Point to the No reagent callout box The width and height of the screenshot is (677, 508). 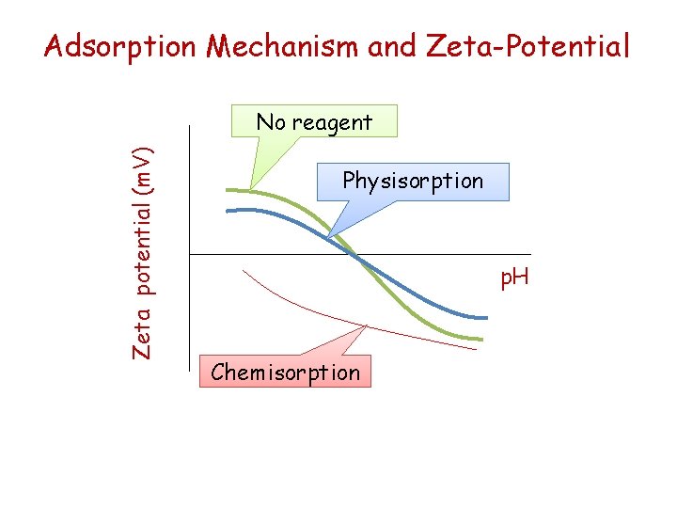[x=315, y=121]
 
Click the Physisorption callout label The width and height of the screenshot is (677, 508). [x=413, y=181]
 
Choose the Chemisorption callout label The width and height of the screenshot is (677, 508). [x=286, y=372]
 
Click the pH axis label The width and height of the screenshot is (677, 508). [x=513, y=278]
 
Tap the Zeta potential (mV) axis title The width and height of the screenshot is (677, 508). [x=142, y=251]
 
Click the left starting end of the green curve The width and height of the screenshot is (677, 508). [x=227, y=191]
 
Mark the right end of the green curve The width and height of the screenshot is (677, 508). [x=481, y=340]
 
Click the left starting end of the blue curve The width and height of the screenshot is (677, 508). [x=227, y=211]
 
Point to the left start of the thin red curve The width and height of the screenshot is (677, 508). [x=243, y=271]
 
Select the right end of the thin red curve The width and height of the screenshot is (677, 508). [x=477, y=349]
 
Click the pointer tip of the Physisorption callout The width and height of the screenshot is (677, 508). [x=327, y=235]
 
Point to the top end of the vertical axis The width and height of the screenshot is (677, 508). [x=189, y=126]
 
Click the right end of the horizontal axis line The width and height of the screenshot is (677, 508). [x=531, y=254]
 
